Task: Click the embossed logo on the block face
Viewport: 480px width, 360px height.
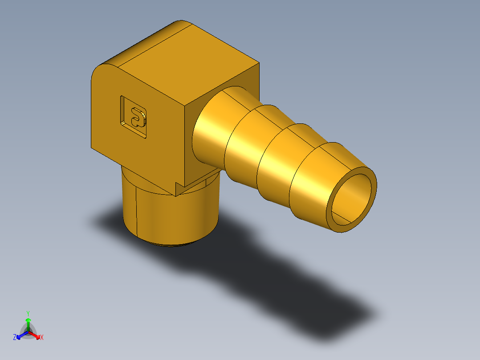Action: (x=134, y=117)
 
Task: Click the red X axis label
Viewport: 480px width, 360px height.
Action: (x=42, y=338)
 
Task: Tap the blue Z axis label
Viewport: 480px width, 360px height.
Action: (x=15, y=338)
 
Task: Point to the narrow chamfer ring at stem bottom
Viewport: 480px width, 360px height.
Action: (x=171, y=245)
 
